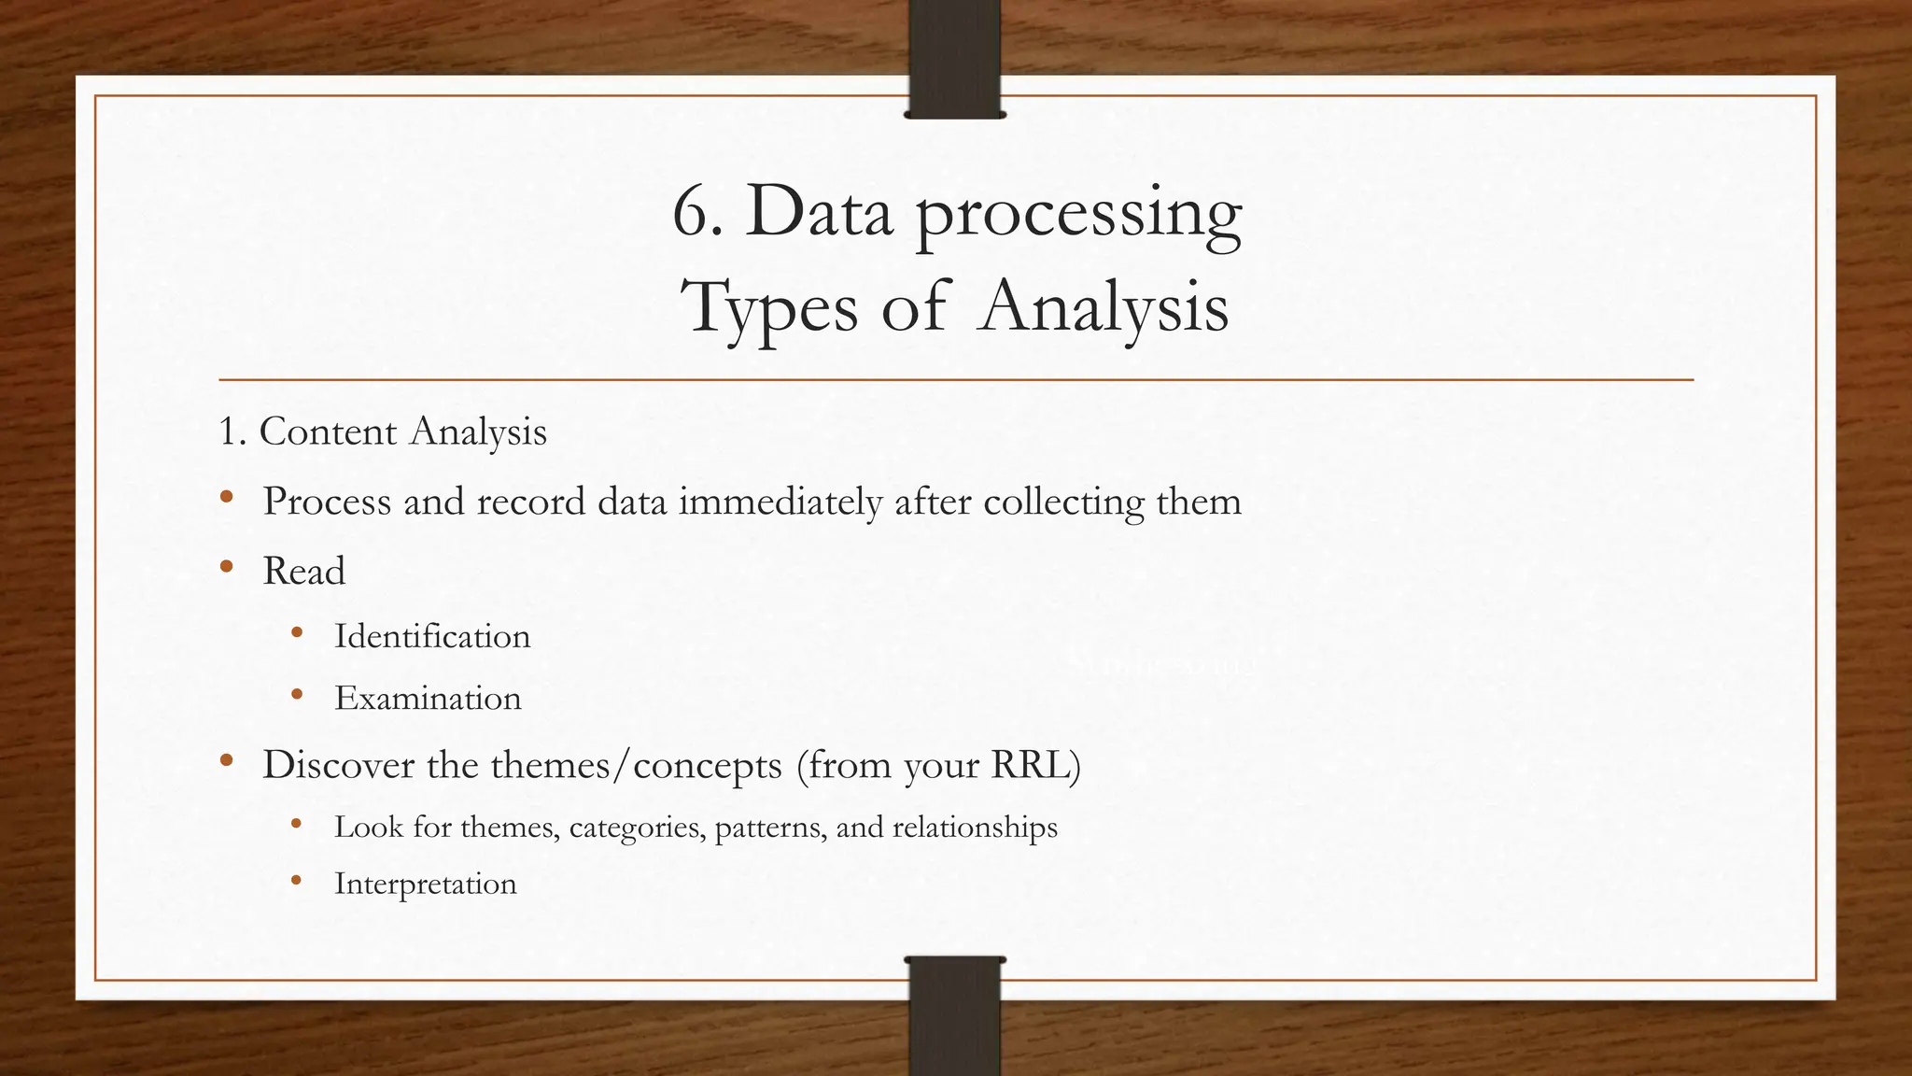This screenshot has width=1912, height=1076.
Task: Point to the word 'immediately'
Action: pyautogui.click(x=780, y=503)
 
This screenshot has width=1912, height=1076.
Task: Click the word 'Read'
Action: pyautogui.click(x=303, y=572)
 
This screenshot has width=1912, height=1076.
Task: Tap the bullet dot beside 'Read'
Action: pyautogui.click(x=226, y=566)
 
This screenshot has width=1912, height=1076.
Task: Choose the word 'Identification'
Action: pyautogui.click(x=432, y=637)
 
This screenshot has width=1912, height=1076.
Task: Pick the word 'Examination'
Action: pyautogui.click(x=428, y=699)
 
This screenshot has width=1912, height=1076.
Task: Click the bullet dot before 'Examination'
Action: pyautogui.click(x=297, y=694)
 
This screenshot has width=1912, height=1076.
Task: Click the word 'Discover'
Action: pyautogui.click(x=338, y=765)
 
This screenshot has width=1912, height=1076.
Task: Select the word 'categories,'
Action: pyautogui.click(x=637, y=828)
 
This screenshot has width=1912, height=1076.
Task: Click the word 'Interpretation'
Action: pyautogui.click(x=425, y=884)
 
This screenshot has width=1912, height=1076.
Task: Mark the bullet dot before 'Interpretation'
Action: pyautogui.click(x=297, y=880)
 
